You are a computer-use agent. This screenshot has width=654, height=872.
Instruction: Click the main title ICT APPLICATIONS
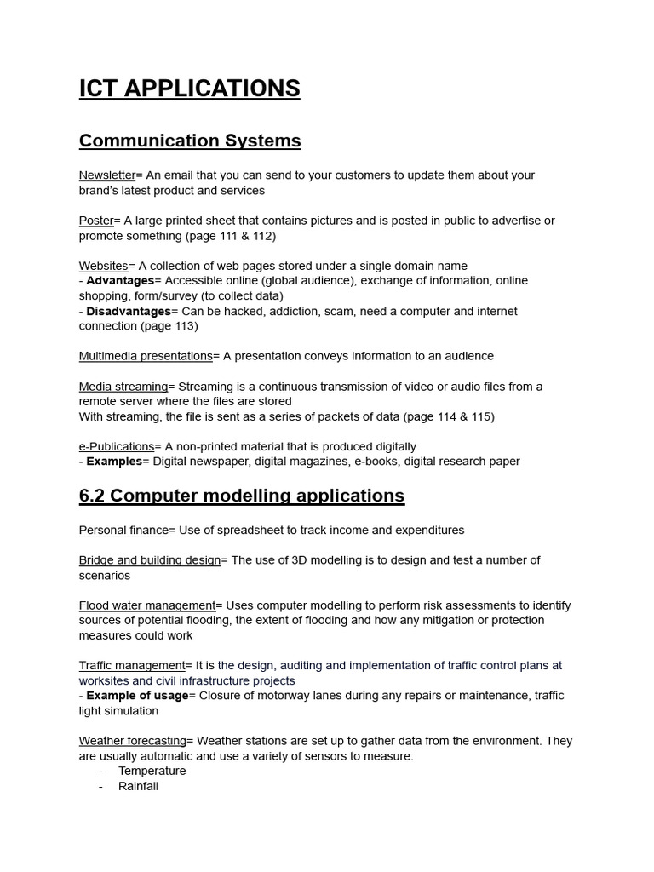coord(189,89)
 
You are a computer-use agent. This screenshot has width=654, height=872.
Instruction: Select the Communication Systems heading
coord(190,141)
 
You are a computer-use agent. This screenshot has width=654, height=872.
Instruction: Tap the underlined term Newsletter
coord(107,175)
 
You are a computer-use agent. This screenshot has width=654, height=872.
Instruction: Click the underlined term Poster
coord(96,221)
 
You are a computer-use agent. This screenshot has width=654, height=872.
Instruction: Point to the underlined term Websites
coord(103,266)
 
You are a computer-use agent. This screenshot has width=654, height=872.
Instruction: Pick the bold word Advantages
coord(120,281)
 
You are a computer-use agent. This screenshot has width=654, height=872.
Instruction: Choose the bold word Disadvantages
coord(129,312)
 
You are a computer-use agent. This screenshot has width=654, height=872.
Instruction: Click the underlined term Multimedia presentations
coord(146,356)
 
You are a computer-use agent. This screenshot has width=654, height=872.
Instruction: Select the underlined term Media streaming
coord(123,387)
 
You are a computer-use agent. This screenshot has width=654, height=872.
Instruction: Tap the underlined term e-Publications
coord(117,446)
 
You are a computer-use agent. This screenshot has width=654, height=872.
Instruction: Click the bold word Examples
coord(114,462)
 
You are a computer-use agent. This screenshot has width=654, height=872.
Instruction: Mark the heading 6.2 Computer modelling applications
coord(242,496)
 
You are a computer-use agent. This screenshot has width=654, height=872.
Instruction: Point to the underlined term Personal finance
coord(123,531)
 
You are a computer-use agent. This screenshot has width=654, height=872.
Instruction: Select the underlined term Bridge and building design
coord(150,560)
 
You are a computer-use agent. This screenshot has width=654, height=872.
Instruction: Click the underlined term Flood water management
coord(147,605)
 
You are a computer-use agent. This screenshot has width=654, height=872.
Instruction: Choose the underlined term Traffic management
coord(132,665)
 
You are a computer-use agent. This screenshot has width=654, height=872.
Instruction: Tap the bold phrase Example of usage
coord(137,696)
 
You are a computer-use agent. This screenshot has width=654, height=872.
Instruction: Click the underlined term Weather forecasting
coord(133,741)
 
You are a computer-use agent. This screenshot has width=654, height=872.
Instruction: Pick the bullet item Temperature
coord(152,771)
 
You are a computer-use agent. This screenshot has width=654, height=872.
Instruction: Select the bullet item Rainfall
coord(138,786)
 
